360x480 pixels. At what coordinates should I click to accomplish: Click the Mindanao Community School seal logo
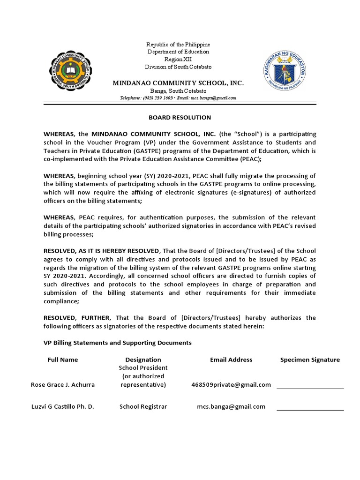(70, 71)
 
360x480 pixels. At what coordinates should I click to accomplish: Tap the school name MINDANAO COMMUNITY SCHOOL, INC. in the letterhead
(178, 83)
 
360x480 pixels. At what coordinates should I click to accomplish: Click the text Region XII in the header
(178, 60)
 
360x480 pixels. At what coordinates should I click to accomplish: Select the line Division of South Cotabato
(178, 67)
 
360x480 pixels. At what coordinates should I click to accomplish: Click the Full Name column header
(63, 360)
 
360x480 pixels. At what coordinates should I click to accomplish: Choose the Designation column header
(143, 360)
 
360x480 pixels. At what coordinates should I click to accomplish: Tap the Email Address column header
(231, 360)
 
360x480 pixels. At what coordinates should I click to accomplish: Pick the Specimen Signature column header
(310, 360)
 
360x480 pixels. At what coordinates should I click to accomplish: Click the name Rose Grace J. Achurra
(63, 385)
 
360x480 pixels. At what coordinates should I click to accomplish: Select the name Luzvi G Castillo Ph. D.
(63, 406)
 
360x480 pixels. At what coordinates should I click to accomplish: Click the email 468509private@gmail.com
(231, 385)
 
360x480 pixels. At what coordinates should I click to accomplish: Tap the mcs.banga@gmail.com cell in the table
(231, 406)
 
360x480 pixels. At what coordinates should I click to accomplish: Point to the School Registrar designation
(143, 406)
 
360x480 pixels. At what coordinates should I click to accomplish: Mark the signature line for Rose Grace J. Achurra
(310, 388)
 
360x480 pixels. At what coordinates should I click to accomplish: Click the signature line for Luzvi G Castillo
(310, 410)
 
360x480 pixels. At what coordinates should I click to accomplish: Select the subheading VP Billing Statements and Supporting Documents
(118, 343)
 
